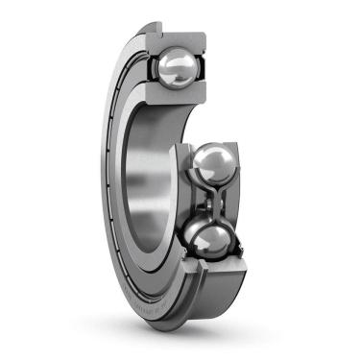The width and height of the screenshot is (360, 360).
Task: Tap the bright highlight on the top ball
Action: [170, 61]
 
